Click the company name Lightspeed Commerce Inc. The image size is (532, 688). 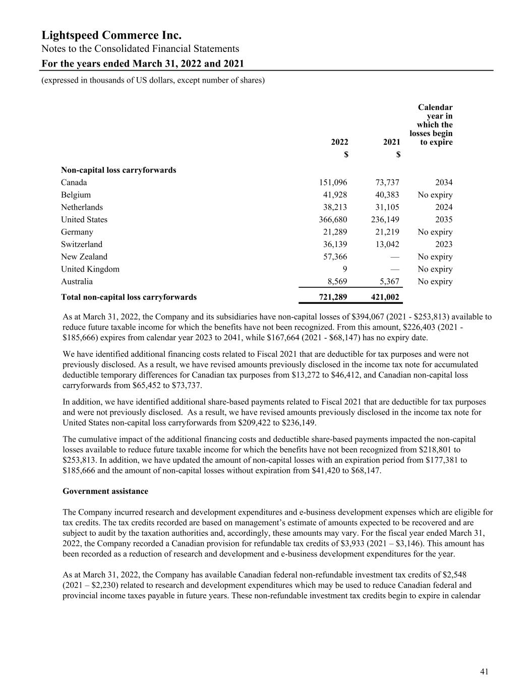(111, 35)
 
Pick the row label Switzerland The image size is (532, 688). (82, 244)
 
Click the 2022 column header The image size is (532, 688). (339, 142)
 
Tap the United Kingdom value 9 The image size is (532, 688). (344, 269)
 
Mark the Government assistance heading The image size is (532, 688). (105, 491)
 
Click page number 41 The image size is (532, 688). (485, 671)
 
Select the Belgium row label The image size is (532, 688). (76, 195)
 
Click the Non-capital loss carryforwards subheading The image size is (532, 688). (119, 170)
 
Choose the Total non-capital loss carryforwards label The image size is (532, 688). (129, 297)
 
